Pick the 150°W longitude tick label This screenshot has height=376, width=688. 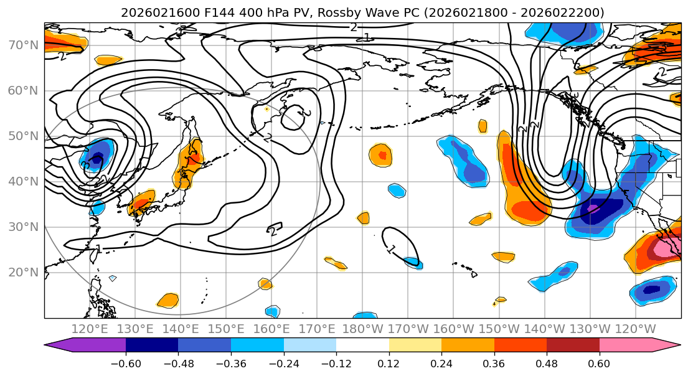coord(499,329)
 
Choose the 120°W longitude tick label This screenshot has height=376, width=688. coord(635,329)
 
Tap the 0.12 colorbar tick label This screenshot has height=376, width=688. coord(389,362)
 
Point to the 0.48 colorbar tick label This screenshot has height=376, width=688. coord(547,362)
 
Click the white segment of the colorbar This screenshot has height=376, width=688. coord(362,345)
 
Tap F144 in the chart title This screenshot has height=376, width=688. coord(196,12)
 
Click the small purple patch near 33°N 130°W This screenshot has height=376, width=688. coord(592,209)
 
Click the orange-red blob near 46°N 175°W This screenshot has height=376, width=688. coord(381,155)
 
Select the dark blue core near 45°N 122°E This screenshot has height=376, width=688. coord(97,160)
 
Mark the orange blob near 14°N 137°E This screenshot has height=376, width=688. coord(168,301)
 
